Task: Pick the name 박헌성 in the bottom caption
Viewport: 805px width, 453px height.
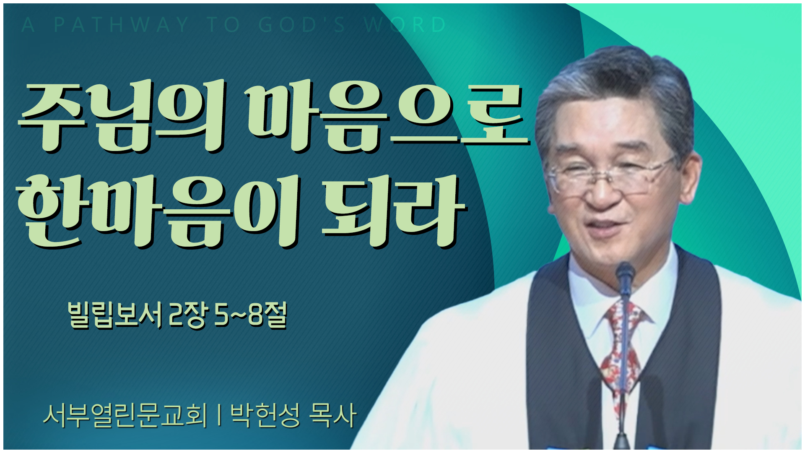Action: click(x=265, y=415)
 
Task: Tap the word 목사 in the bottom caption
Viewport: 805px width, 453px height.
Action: click(x=332, y=415)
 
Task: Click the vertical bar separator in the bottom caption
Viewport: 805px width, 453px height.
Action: click(x=219, y=415)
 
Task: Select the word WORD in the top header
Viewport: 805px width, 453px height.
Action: click(x=405, y=25)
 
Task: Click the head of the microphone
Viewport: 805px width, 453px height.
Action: click(x=625, y=275)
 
